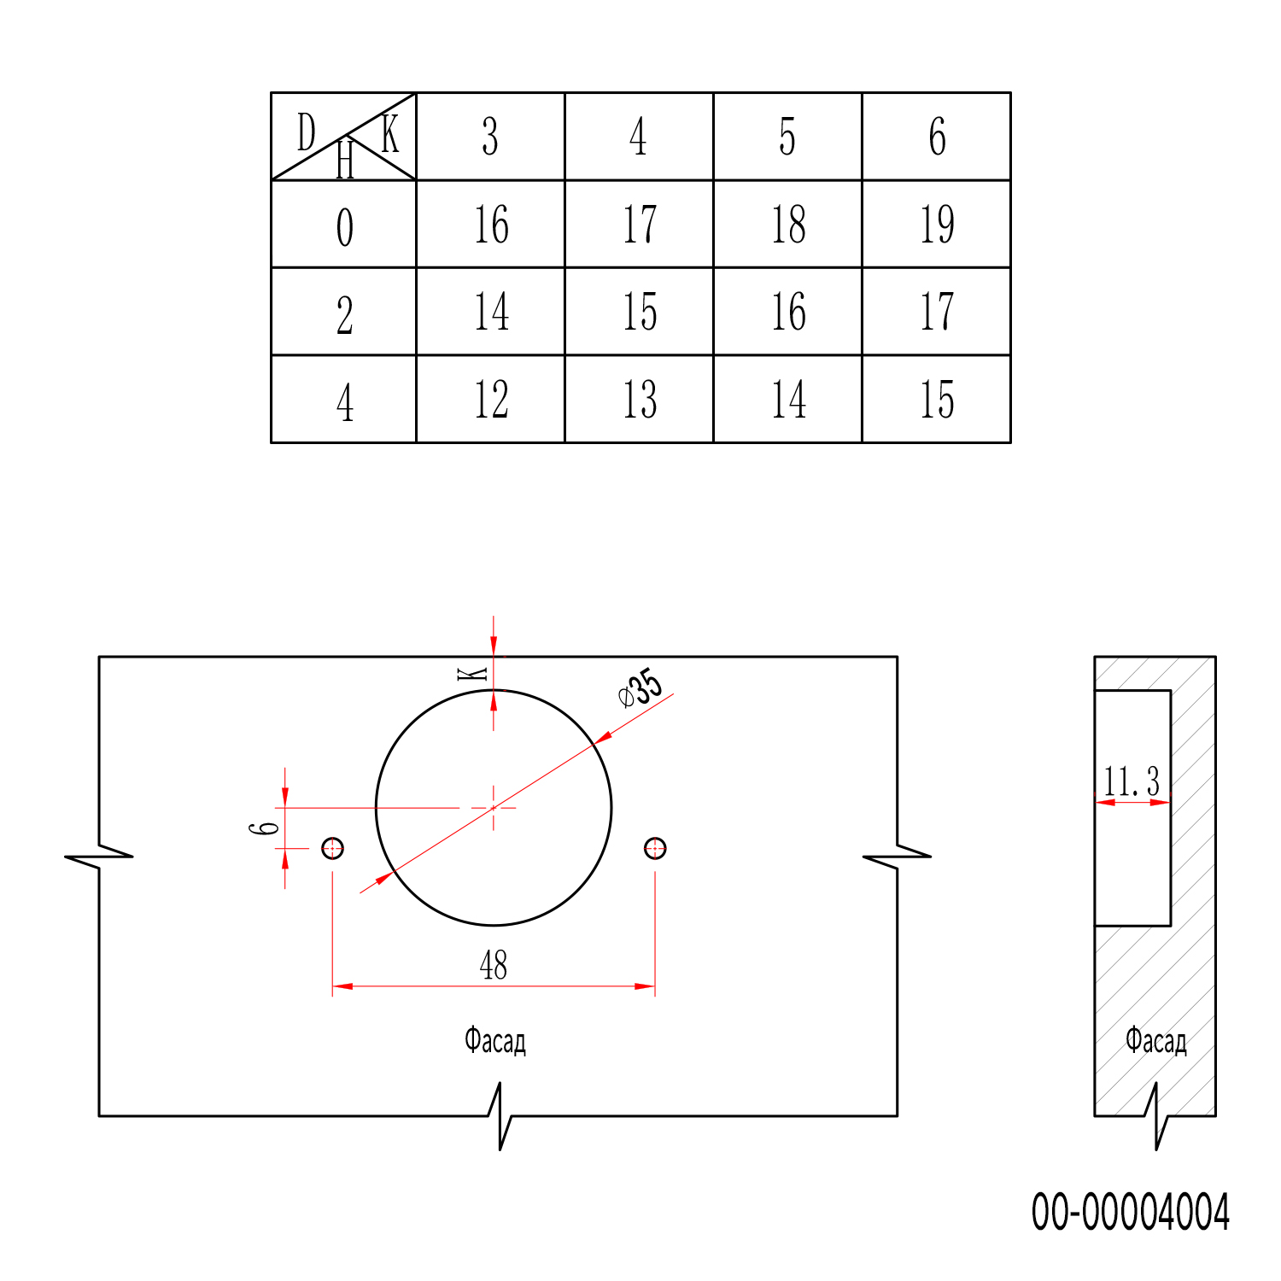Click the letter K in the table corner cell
[x=390, y=133]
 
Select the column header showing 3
[x=490, y=137]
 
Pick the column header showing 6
[x=937, y=137]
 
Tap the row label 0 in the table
[x=344, y=227]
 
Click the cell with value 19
[x=937, y=225]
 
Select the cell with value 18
[x=788, y=225]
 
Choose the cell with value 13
[x=640, y=400]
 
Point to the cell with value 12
[x=491, y=400]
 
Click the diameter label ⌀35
[x=640, y=688]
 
